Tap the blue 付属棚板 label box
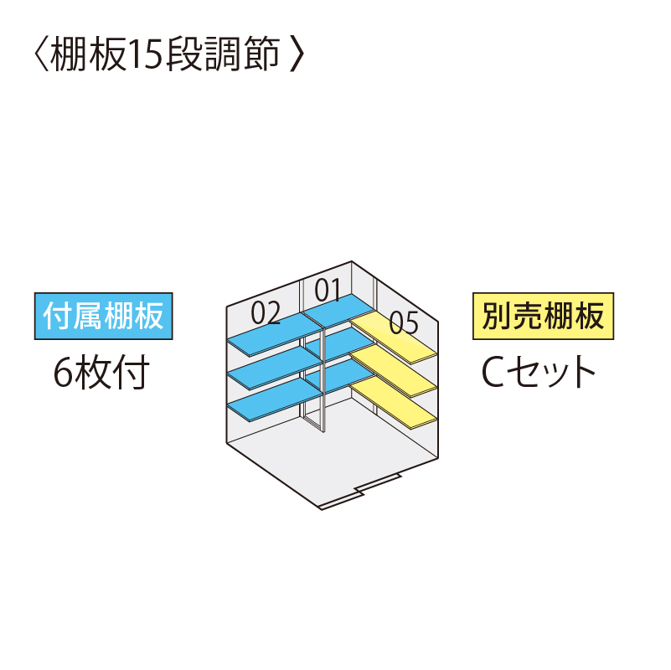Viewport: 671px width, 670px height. click(x=104, y=317)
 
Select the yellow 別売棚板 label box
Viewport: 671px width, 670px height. click(x=543, y=317)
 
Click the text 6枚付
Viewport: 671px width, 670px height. click(x=101, y=371)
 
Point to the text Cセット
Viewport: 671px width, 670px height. click(x=539, y=371)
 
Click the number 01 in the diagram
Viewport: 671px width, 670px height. click(x=328, y=290)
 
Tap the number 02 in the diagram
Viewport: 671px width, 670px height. click(x=266, y=312)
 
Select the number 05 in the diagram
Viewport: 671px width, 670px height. click(x=404, y=322)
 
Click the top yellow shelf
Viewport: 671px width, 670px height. click(x=394, y=338)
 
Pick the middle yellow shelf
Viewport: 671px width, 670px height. click(x=394, y=371)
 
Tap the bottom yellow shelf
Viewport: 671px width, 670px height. click(x=394, y=403)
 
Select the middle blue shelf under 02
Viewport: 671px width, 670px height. click(x=275, y=368)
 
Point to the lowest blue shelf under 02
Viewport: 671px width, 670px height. click(x=275, y=401)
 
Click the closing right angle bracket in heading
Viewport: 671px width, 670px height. click(x=297, y=54)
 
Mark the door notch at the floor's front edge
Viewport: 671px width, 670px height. click(x=361, y=492)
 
